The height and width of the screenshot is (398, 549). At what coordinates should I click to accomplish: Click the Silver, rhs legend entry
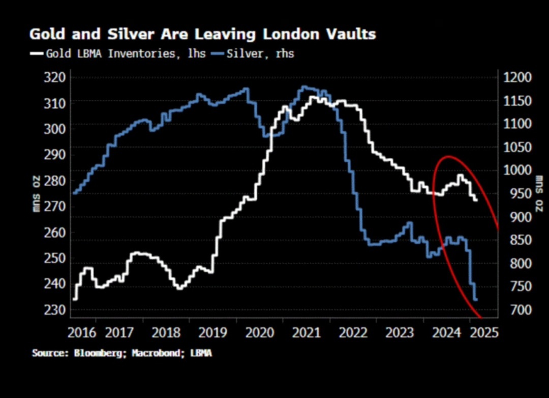[x=264, y=53]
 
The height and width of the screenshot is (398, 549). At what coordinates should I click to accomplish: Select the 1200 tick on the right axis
[x=517, y=77]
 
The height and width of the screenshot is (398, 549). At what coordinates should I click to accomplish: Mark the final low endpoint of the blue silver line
[x=476, y=300]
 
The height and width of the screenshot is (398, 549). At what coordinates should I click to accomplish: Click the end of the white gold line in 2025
[x=476, y=200]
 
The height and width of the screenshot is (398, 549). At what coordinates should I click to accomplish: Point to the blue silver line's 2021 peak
[x=304, y=87]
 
